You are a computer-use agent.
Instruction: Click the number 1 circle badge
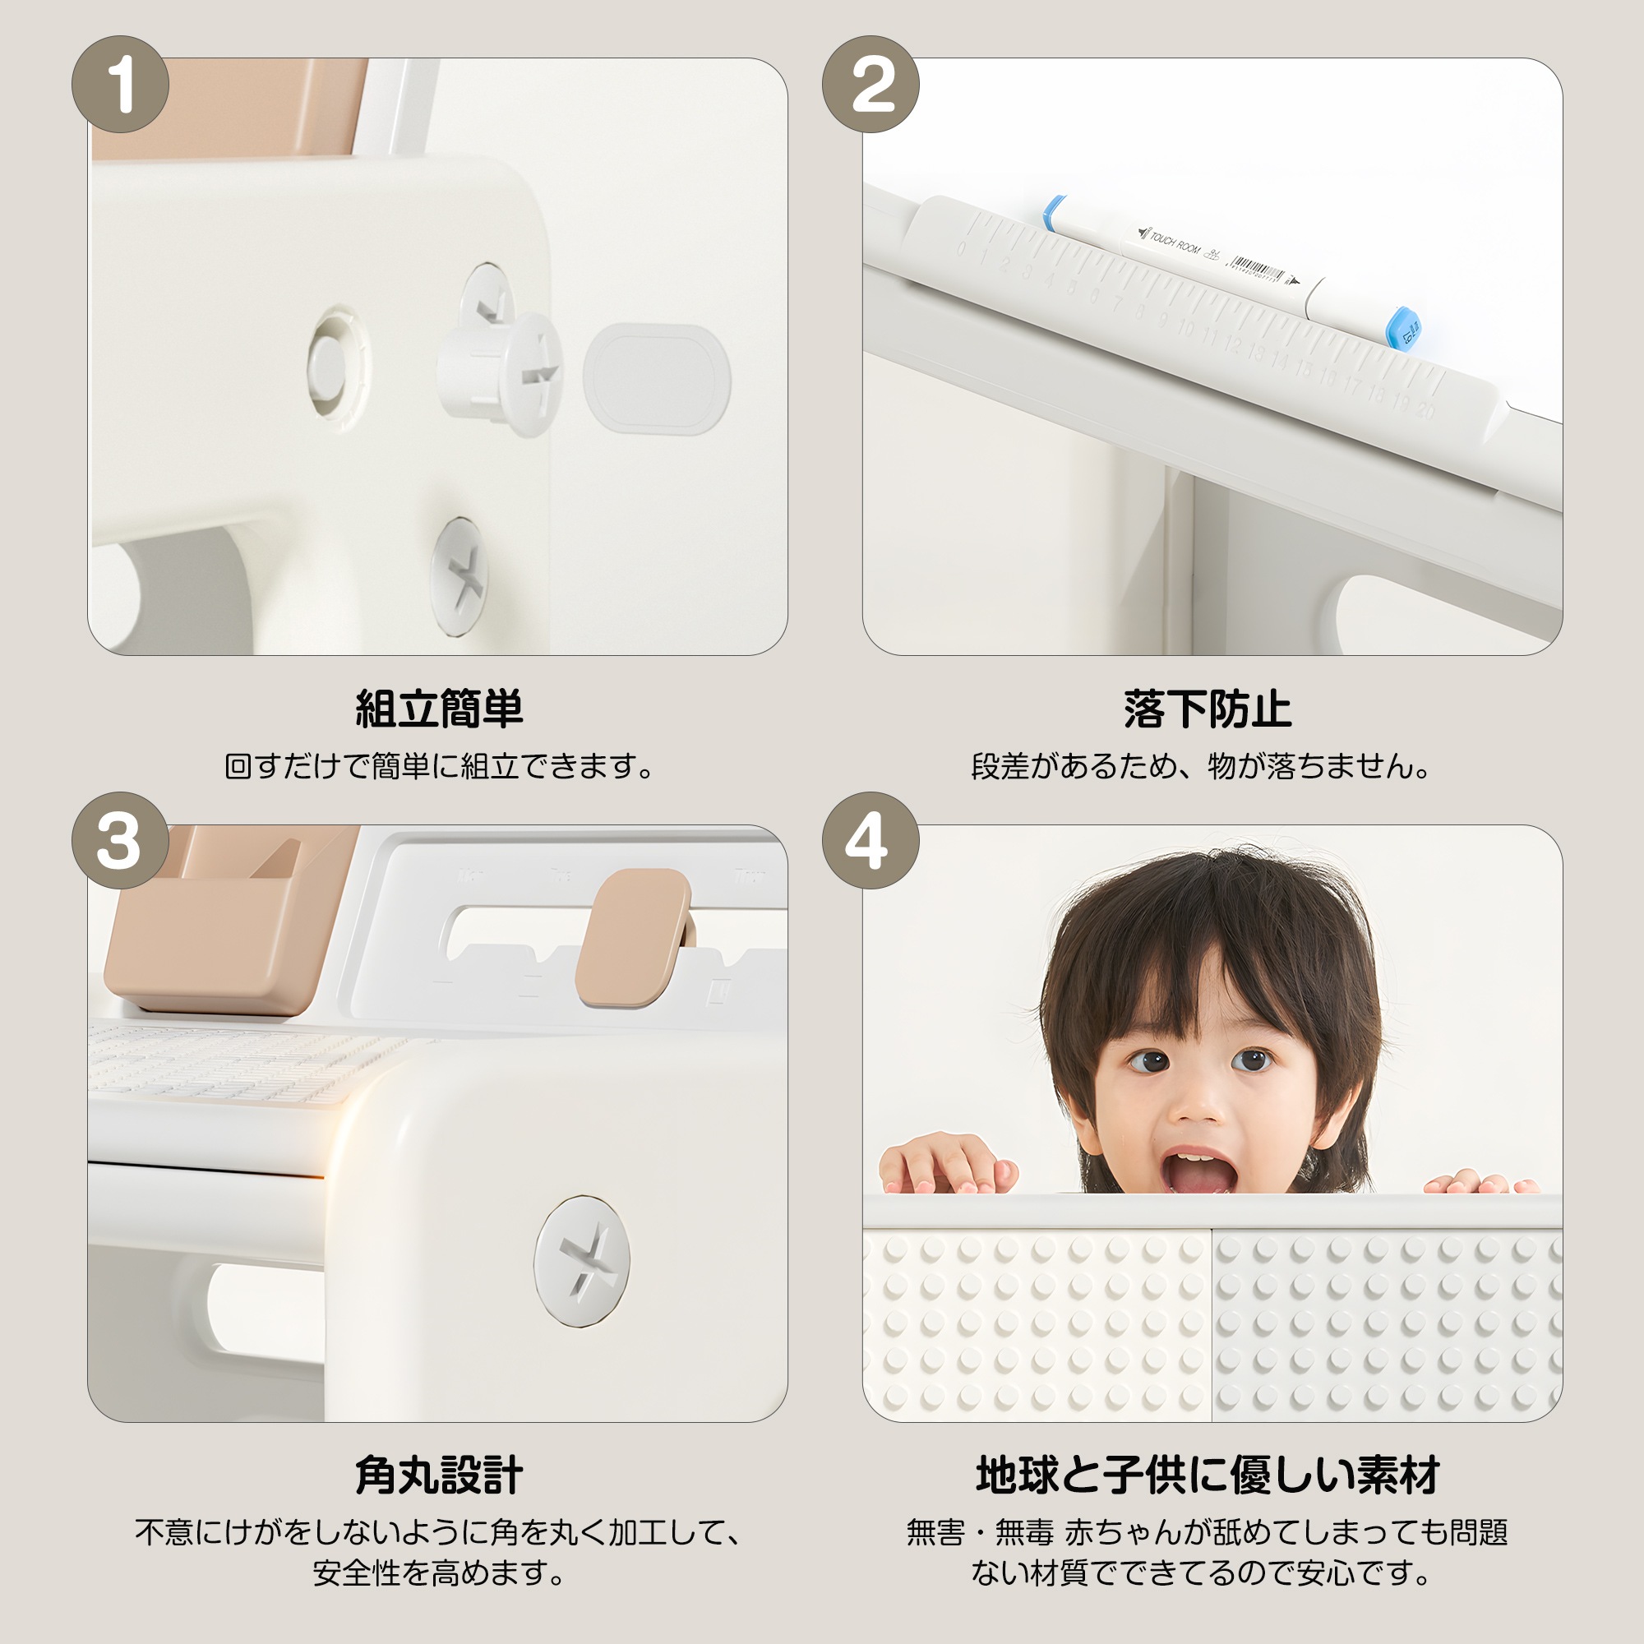click(x=120, y=84)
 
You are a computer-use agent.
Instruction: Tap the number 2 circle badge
click(x=870, y=84)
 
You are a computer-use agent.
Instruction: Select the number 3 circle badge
click(x=120, y=841)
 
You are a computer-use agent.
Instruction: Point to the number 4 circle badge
click(x=870, y=841)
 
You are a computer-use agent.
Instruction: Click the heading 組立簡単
click(x=438, y=709)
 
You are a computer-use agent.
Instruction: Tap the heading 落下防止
click(x=1208, y=709)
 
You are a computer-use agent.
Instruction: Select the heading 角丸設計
click(x=438, y=1475)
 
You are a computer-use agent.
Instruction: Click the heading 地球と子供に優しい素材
click(x=1208, y=1475)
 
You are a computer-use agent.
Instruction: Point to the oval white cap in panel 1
click(x=657, y=379)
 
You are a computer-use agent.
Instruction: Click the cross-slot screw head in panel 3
click(x=582, y=1260)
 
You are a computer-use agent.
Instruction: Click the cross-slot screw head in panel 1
click(x=459, y=575)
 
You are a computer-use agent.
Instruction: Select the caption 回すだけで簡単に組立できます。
click(x=438, y=767)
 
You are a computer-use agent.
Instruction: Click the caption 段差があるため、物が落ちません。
click(x=1200, y=767)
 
